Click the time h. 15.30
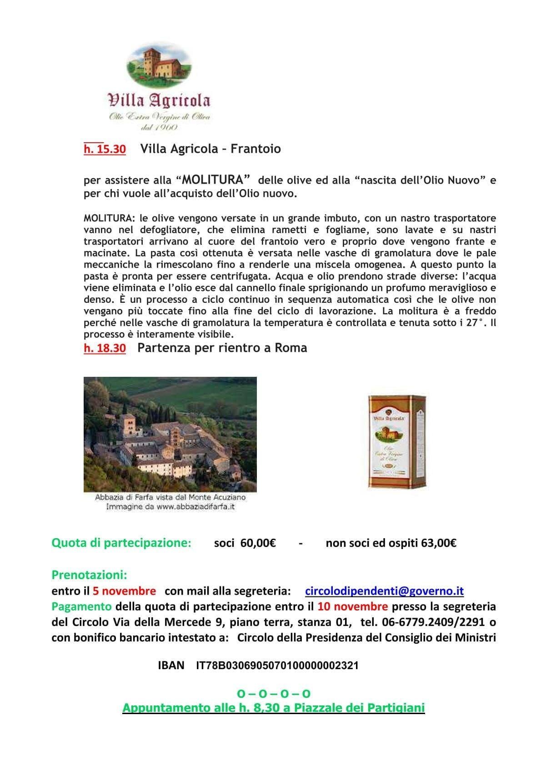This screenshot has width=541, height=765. [105, 149]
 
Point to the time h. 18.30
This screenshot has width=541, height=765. [105, 348]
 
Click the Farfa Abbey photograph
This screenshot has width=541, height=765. [170, 434]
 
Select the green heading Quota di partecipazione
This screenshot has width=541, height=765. [121, 543]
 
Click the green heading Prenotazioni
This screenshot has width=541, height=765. [89, 575]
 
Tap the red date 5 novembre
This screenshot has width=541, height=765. [124, 591]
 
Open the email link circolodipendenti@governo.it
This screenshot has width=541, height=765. [384, 591]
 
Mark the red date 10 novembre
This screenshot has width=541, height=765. [352, 606]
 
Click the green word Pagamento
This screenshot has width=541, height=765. [81, 606]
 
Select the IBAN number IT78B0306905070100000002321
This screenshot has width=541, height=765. [277, 665]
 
